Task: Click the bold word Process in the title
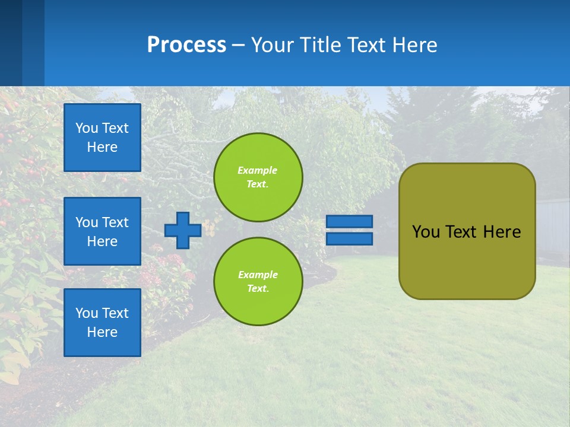pos(186,44)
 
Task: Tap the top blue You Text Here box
pos(102,138)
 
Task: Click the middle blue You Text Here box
pos(102,231)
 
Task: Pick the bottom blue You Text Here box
pos(102,323)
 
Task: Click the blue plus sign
pos(183,230)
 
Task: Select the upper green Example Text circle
pos(258,177)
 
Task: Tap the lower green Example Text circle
pos(258,282)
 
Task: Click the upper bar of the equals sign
pos(350,221)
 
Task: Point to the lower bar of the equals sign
pos(350,239)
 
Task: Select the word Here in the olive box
pos(502,232)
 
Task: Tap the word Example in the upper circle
pos(258,170)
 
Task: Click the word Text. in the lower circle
pos(258,289)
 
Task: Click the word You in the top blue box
pos(86,128)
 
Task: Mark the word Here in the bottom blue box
pos(102,332)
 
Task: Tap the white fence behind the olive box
pos(552,225)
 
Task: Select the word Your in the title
pos(272,44)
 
